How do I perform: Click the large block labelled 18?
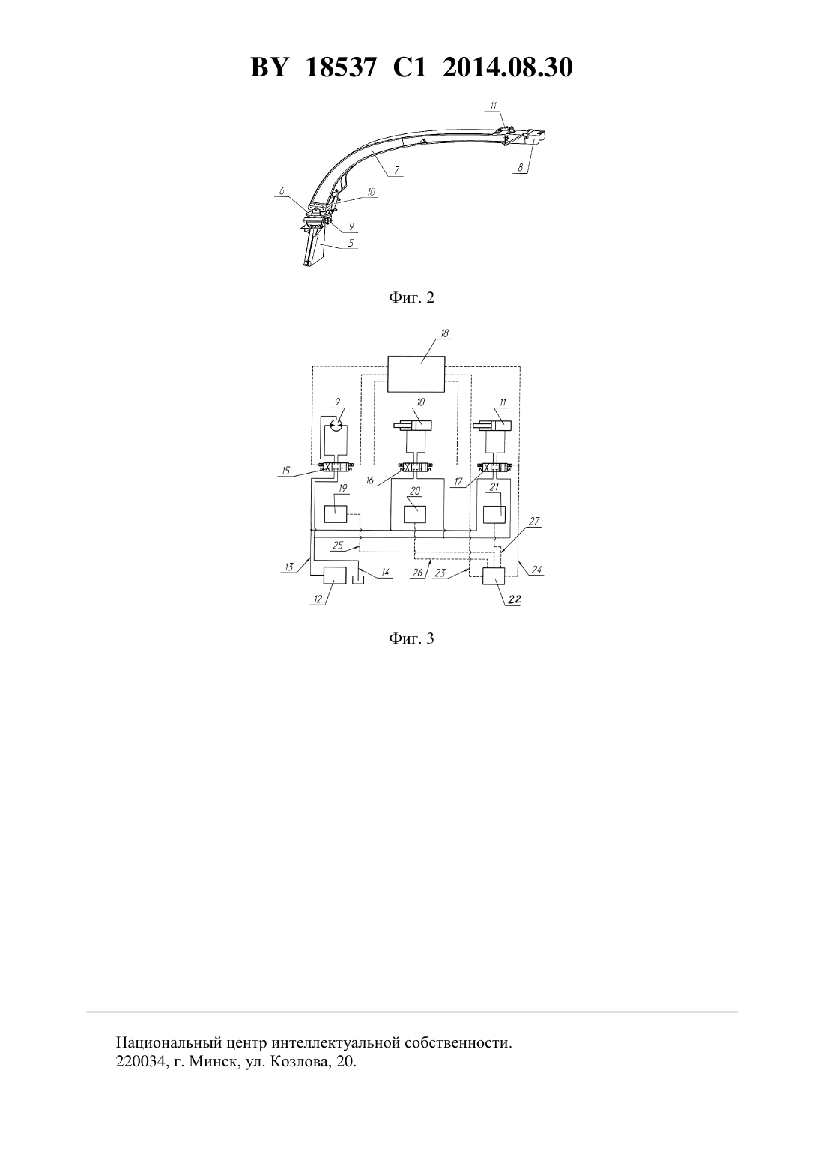coord(416,374)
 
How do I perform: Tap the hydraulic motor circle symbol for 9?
coord(336,426)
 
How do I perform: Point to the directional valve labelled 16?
coord(415,468)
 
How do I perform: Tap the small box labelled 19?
coord(336,514)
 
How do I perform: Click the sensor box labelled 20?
coord(415,514)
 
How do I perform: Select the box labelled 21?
coord(494,514)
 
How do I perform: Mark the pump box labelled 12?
coord(336,576)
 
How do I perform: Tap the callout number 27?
coord(535,521)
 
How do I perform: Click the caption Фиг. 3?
coord(411,638)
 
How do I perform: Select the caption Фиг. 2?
coord(411,297)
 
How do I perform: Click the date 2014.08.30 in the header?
coord(508,67)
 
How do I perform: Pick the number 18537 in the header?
coord(340,67)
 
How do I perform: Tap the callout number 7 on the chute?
coord(397,169)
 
